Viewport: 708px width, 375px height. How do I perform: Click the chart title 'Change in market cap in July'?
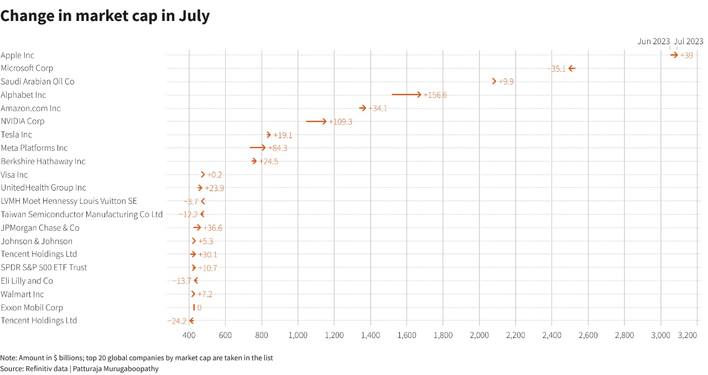(105, 16)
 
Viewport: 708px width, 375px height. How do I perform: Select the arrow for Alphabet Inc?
(406, 95)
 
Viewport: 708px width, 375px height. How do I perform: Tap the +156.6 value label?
(435, 95)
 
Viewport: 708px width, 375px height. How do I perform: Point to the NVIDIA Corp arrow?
(316, 121)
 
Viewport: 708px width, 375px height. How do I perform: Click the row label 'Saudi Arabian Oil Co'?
(38, 82)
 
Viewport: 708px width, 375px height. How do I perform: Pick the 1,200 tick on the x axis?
(334, 335)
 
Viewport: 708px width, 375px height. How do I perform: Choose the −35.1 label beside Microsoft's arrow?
(556, 68)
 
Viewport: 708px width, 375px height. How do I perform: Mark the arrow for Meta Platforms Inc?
(257, 147)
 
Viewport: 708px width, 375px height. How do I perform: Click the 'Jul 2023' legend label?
(689, 41)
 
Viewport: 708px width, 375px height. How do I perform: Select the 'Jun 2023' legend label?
(653, 41)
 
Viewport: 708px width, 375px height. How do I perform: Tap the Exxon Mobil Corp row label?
(32, 308)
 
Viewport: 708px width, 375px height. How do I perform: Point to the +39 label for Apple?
(686, 55)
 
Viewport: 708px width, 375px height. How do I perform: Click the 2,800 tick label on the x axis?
(624, 335)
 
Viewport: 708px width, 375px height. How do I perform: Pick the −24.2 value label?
(177, 321)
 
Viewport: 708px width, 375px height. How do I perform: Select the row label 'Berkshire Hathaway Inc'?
(43, 161)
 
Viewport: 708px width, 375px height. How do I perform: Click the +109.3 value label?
(341, 122)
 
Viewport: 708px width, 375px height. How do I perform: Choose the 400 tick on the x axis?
(189, 335)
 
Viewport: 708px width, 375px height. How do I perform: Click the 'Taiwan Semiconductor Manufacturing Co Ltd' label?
(82, 214)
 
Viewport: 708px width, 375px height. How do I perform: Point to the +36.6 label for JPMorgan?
(213, 228)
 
